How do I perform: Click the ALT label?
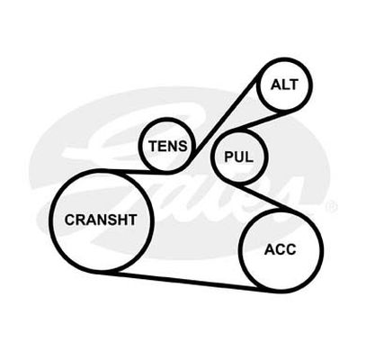[284, 85]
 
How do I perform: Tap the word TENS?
[168, 146]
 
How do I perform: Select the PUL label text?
[238, 157]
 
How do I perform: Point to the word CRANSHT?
[101, 220]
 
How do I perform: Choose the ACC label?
[280, 249]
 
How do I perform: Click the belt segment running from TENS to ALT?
[226, 115]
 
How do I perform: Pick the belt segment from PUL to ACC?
[263, 196]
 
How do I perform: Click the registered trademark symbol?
[332, 206]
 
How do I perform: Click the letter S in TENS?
[183, 146]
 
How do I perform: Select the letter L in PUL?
[249, 157]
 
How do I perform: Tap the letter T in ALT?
[293, 85]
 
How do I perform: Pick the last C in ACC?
[290, 249]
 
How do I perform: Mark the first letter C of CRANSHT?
[69, 220]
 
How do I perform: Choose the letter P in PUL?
[229, 157]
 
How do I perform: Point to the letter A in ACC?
[270, 249]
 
